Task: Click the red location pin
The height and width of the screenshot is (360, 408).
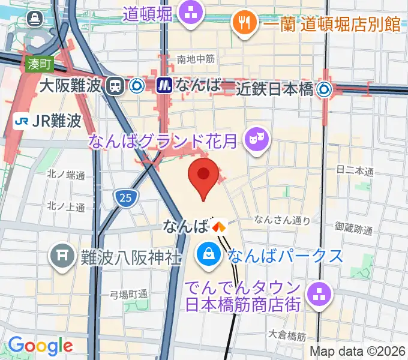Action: point(203,175)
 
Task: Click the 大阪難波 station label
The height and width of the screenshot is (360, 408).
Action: point(70,86)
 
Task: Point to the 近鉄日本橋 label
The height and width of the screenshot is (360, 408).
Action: point(275,89)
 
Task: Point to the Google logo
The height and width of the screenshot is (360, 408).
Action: point(40,346)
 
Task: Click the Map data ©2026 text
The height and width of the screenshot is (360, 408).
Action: point(358,350)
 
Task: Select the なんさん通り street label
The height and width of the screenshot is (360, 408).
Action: point(283,220)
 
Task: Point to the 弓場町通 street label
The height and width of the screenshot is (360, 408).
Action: point(129,295)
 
